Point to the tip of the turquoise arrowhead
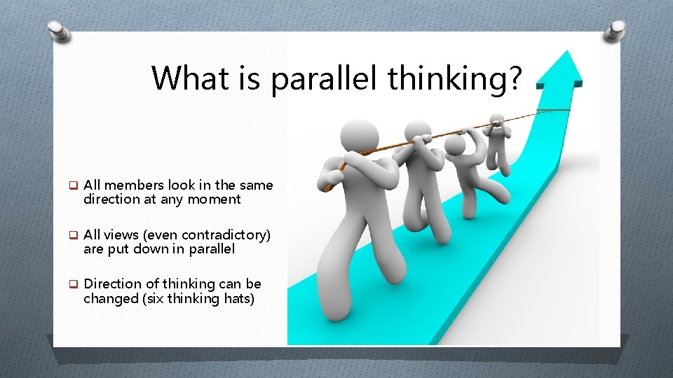click(562, 52)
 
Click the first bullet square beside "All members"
click(72, 185)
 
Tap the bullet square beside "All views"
click(72, 234)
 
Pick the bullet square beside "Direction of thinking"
click(72, 284)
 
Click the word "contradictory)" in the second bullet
click(226, 234)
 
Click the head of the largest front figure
click(360, 136)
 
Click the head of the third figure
click(456, 145)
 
